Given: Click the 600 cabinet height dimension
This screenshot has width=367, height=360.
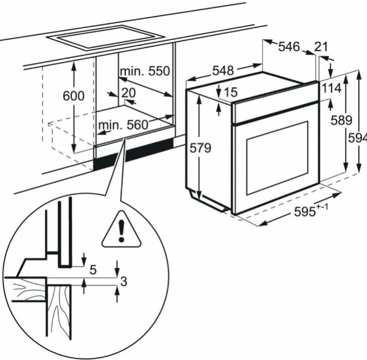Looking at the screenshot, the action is click(x=74, y=96).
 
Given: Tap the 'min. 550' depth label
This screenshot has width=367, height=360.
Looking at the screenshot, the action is click(x=145, y=71).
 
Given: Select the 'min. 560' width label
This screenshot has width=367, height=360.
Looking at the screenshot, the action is click(x=123, y=125).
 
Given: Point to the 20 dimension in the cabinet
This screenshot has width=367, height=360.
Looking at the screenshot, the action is click(x=128, y=93).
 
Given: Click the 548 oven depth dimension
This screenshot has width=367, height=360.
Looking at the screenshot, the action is click(x=223, y=70).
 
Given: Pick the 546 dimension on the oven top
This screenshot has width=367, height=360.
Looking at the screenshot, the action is click(x=289, y=46).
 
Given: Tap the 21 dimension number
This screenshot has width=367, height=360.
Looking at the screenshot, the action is click(x=321, y=46).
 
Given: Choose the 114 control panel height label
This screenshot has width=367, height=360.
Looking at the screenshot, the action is click(x=332, y=88).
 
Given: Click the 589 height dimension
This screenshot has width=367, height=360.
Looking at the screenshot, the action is click(x=341, y=120).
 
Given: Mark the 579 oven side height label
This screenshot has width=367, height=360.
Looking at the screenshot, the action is click(x=200, y=148).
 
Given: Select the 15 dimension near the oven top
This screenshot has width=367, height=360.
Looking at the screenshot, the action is click(x=230, y=92).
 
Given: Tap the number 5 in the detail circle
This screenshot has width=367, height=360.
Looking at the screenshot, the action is click(x=93, y=270).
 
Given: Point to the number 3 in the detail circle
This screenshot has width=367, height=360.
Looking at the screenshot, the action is click(x=123, y=281).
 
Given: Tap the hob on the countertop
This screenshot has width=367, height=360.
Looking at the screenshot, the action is click(x=106, y=38).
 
